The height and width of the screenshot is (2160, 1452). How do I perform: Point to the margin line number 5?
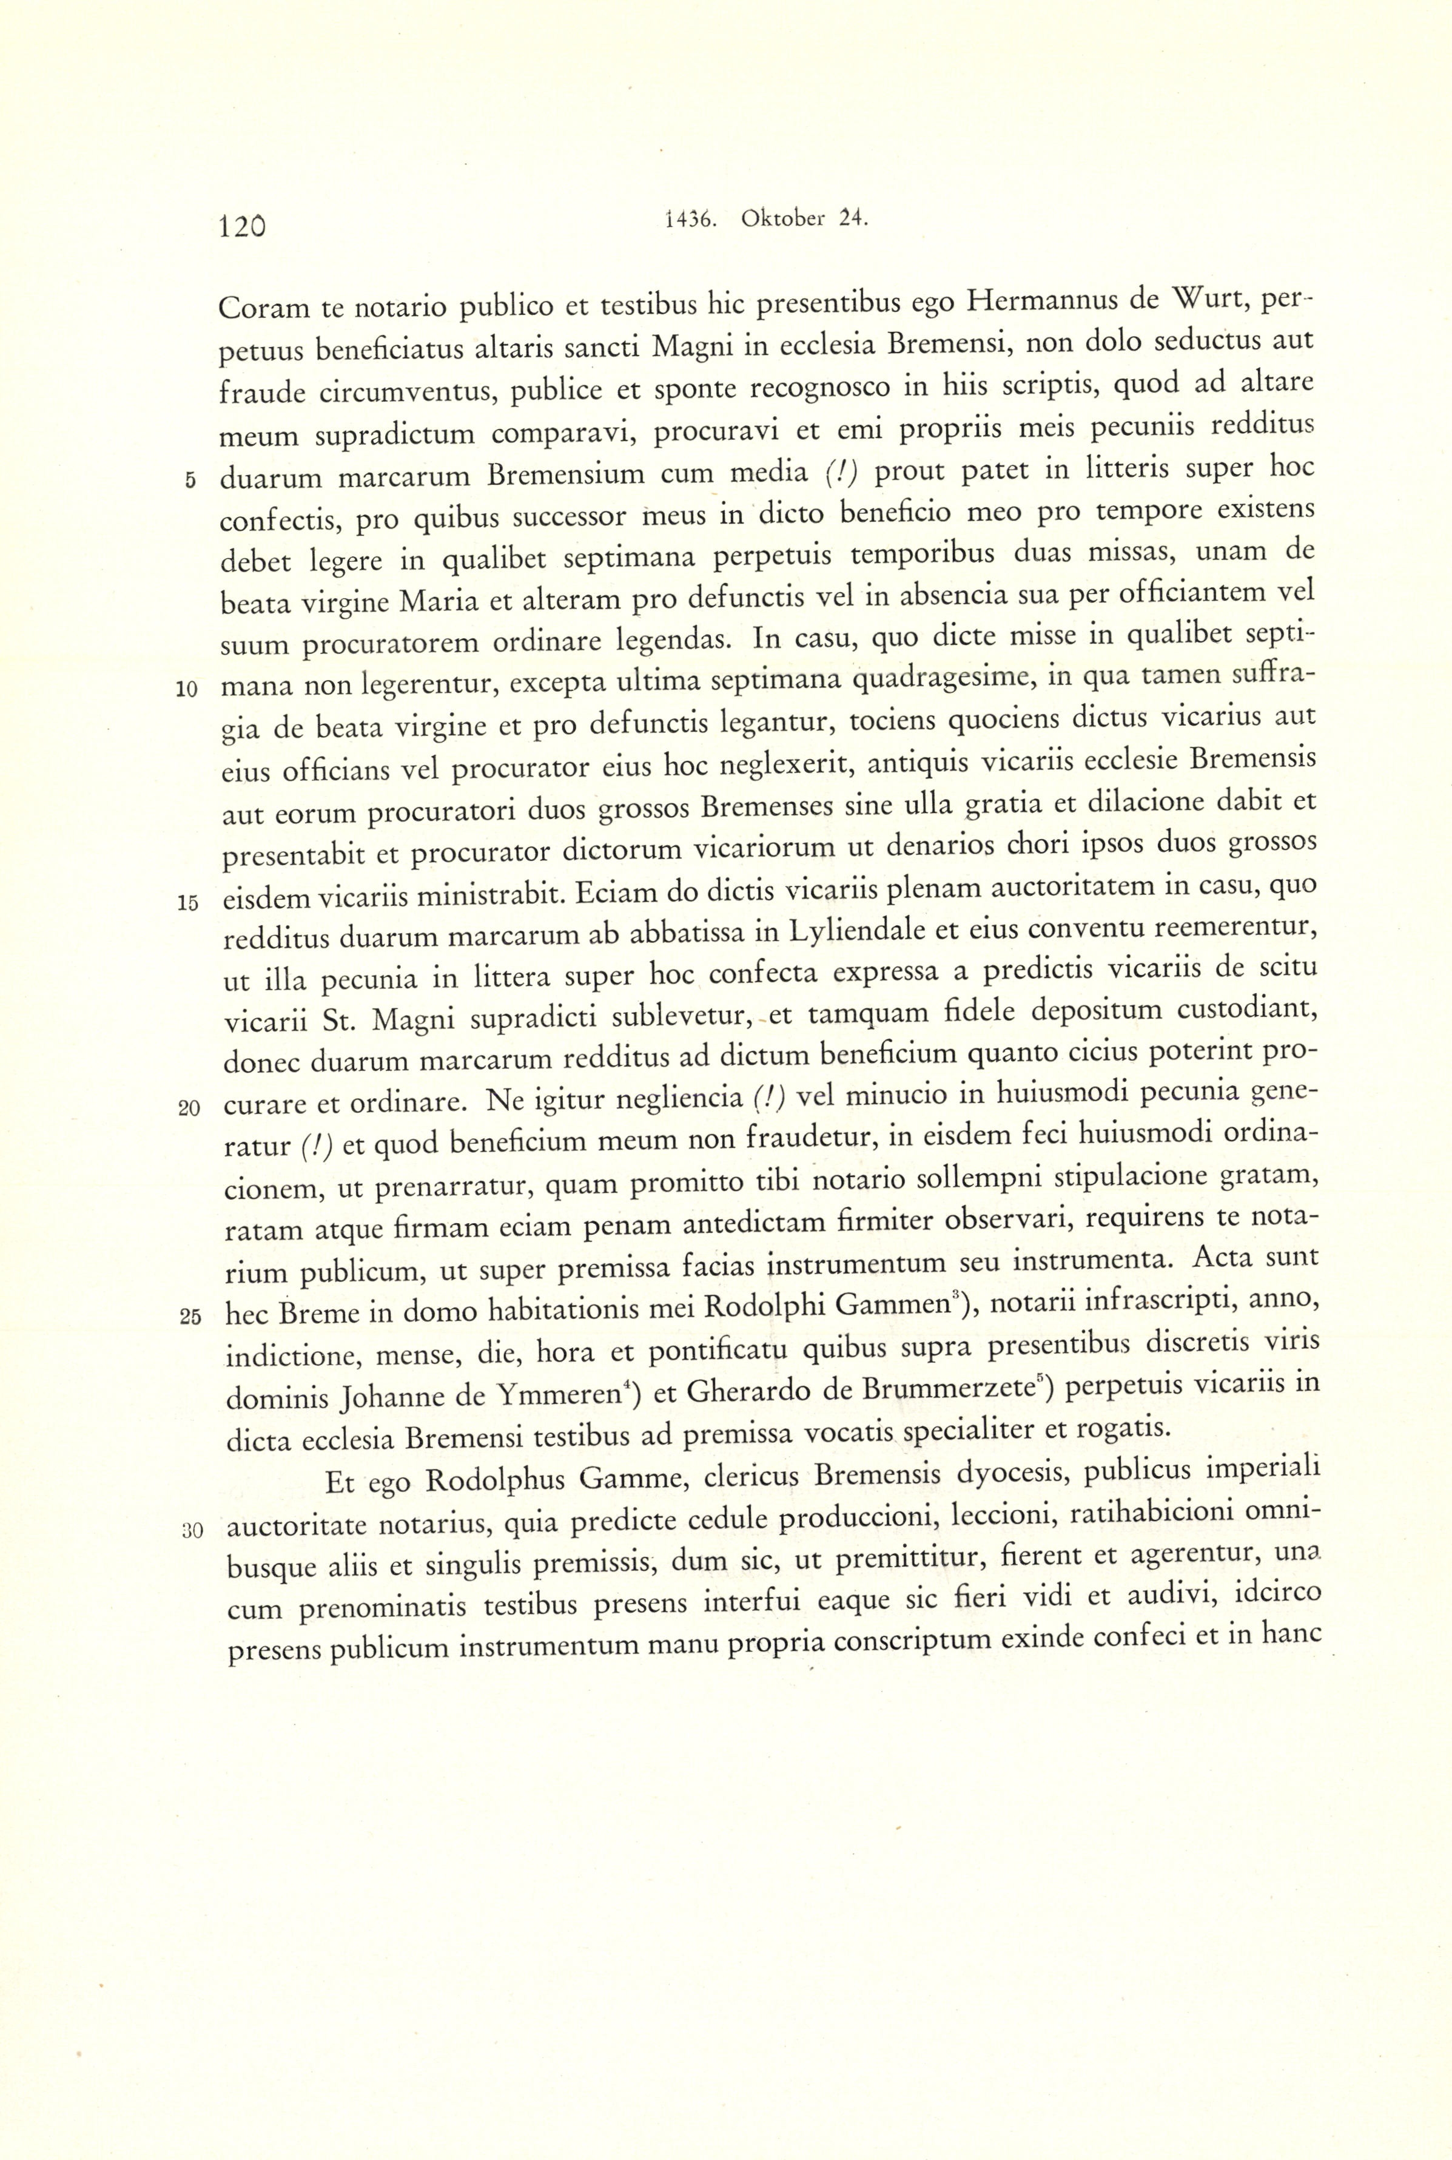(x=190, y=480)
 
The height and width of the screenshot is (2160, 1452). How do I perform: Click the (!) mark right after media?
(x=841, y=473)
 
